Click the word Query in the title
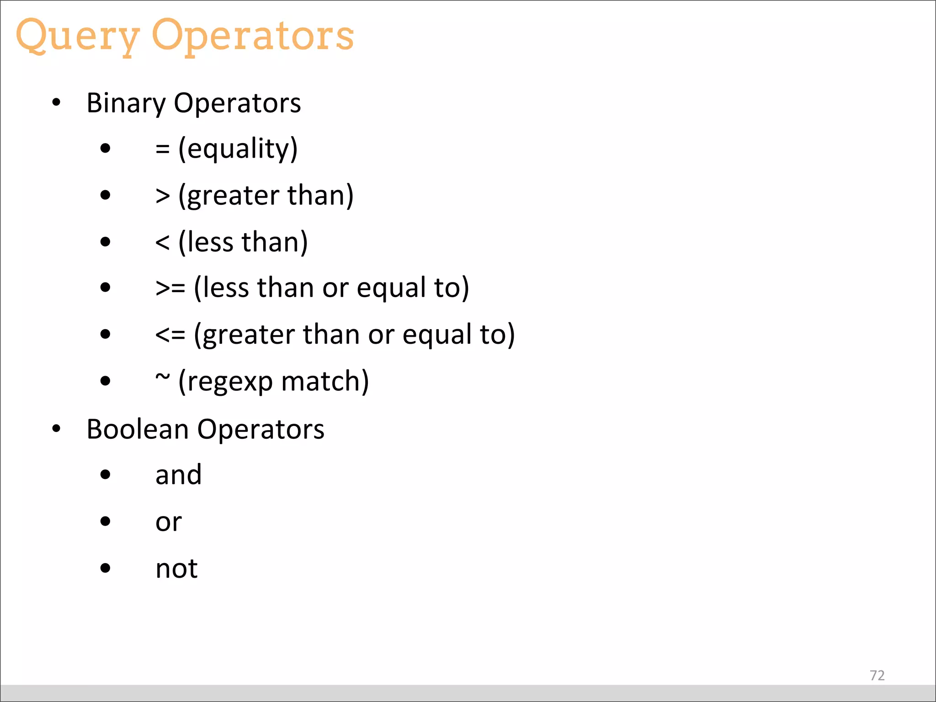(x=78, y=37)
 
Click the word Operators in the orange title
(x=253, y=37)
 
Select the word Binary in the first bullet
(x=126, y=103)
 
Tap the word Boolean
(x=138, y=430)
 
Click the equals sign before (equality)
(x=163, y=149)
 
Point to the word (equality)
(x=238, y=149)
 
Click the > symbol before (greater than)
(x=163, y=196)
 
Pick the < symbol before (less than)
(x=163, y=242)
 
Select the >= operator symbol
(x=170, y=288)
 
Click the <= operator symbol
(x=170, y=335)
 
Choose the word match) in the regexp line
(x=325, y=382)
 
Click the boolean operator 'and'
(x=178, y=475)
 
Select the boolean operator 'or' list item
(x=168, y=522)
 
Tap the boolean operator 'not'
(x=176, y=569)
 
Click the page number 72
(x=877, y=675)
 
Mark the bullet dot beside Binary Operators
(x=56, y=103)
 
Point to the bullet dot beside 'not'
(x=106, y=568)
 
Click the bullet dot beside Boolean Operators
(x=56, y=429)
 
